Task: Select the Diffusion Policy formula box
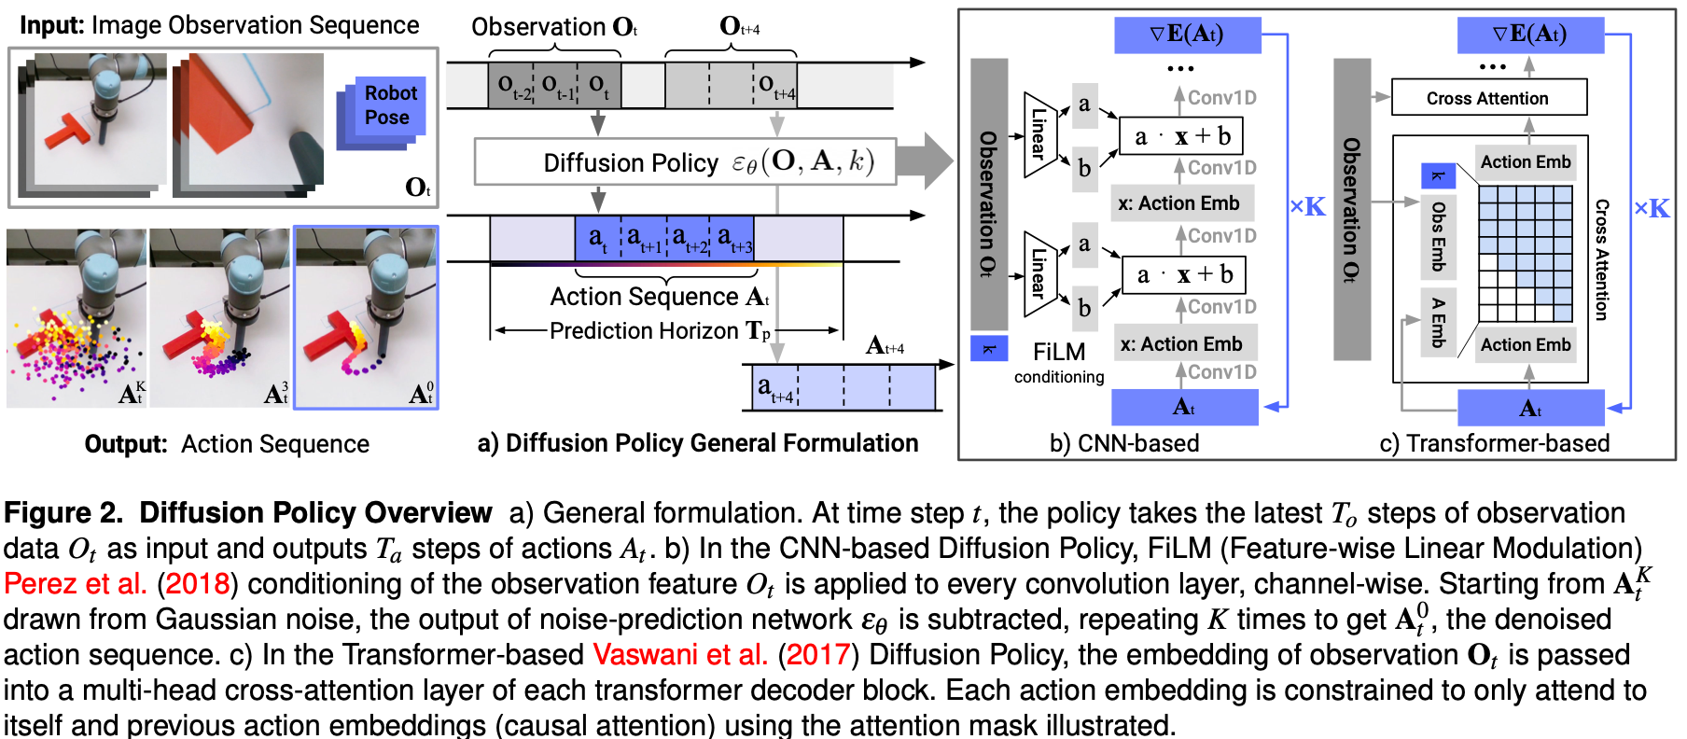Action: click(x=686, y=162)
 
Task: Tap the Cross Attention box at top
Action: click(x=1488, y=98)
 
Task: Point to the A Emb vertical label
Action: click(x=1438, y=323)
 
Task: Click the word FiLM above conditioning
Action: click(x=1059, y=352)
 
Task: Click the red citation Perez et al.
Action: click(x=76, y=584)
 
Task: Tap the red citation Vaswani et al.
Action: click(x=680, y=655)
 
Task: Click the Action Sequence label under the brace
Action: click(x=659, y=297)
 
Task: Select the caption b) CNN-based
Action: click(x=1124, y=443)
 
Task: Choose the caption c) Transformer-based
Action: click(x=1495, y=443)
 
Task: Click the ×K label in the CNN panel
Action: click(x=1307, y=207)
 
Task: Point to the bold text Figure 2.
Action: click(x=63, y=513)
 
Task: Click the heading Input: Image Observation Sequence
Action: click(x=219, y=25)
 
